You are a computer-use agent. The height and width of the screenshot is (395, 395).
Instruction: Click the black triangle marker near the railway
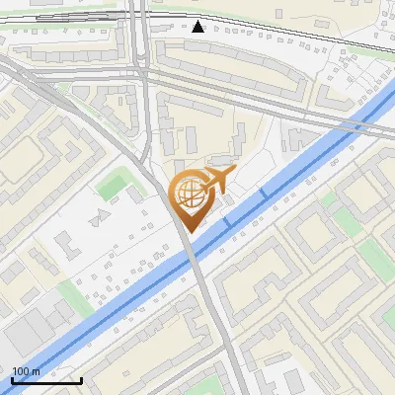(x=199, y=26)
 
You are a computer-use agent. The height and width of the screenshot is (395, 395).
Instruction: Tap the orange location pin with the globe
(x=189, y=197)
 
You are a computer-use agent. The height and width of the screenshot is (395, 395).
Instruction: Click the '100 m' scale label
(x=26, y=371)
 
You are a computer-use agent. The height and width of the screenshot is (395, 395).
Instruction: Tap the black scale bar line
(x=46, y=380)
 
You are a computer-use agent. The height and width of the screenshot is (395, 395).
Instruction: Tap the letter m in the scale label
(x=36, y=371)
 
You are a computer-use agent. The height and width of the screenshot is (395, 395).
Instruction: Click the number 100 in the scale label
(x=21, y=371)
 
